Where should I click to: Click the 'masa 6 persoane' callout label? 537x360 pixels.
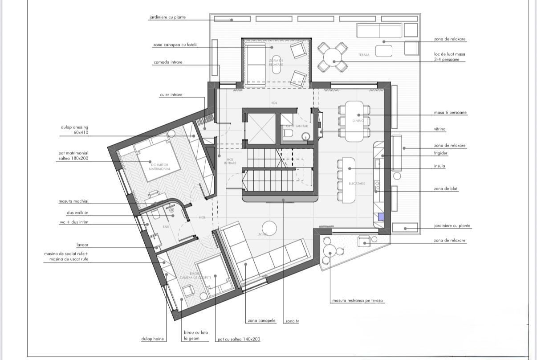450,113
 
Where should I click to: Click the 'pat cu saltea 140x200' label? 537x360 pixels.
239,340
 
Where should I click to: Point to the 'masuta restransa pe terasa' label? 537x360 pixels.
358,301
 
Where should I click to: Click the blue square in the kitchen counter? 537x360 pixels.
381,217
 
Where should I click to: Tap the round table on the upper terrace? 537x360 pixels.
332,57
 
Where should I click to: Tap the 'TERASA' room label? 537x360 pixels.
364,55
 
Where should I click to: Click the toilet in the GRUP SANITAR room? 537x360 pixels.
288,133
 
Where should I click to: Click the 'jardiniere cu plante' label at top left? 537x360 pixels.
167,17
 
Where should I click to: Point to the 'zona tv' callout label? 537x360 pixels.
292,321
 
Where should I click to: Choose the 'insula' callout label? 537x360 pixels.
439,166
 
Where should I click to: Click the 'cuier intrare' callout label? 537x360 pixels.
171,95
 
